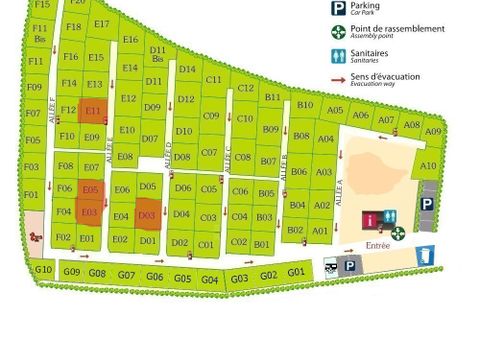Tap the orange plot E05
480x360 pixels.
(91, 190)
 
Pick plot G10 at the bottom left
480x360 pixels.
(43, 269)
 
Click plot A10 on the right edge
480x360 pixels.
(428, 166)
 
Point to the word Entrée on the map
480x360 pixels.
(378, 245)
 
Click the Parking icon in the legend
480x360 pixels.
(338, 9)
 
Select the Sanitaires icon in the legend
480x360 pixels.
(338, 55)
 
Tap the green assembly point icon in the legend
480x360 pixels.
(338, 32)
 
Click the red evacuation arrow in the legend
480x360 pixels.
(338, 78)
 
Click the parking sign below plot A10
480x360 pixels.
(427, 204)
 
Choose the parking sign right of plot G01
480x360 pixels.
(349, 266)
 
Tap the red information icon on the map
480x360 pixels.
(372, 217)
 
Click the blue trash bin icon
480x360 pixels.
(426, 256)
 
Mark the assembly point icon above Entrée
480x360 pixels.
(398, 233)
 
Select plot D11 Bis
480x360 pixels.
(157, 54)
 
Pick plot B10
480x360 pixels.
(305, 105)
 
